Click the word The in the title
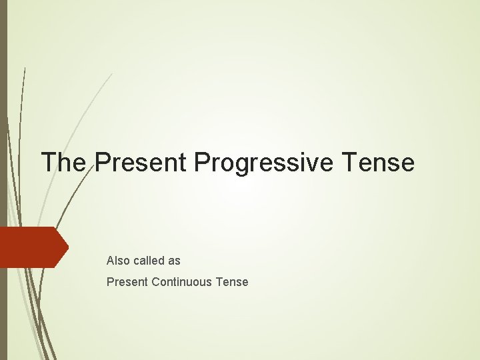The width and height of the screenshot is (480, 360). (x=63, y=162)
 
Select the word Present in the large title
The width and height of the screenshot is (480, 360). (x=137, y=162)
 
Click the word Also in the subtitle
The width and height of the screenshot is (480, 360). (x=117, y=261)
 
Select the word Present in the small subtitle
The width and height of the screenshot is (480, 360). (x=127, y=282)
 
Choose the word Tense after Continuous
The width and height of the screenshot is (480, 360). (x=232, y=282)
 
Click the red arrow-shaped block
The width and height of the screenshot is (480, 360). (x=30, y=247)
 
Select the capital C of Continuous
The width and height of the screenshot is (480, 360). (x=156, y=282)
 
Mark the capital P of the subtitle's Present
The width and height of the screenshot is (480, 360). (x=110, y=282)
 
